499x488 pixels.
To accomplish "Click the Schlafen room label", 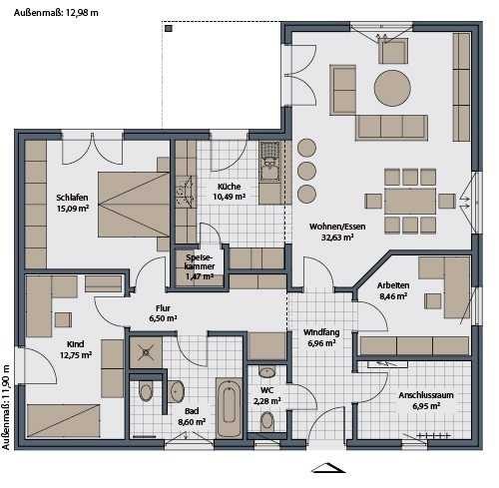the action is point(72,198).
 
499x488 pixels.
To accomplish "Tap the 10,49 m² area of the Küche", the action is point(230,197).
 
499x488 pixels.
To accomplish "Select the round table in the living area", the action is point(392,88).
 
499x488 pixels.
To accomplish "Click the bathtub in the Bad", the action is point(229,408).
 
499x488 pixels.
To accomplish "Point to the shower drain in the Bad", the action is point(146,352).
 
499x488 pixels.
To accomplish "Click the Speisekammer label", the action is point(200,261).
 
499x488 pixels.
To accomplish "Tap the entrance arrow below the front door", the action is point(328,467).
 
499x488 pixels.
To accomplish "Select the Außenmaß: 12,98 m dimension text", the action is point(56,13).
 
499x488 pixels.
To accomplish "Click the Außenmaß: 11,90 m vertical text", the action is point(6,407).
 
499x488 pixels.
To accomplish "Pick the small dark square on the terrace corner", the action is point(169,29).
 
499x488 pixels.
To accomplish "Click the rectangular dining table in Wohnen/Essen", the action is point(410,201).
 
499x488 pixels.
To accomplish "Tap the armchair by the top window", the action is point(393,51).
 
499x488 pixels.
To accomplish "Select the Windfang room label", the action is point(321,332).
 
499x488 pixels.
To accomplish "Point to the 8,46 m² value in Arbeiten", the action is point(393,296).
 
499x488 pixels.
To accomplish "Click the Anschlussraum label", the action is point(426,395).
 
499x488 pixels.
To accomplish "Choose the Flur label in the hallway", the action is point(163,307).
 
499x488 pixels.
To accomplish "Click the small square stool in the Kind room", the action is point(63,319).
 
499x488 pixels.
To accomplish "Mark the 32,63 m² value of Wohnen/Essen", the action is point(337,238).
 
